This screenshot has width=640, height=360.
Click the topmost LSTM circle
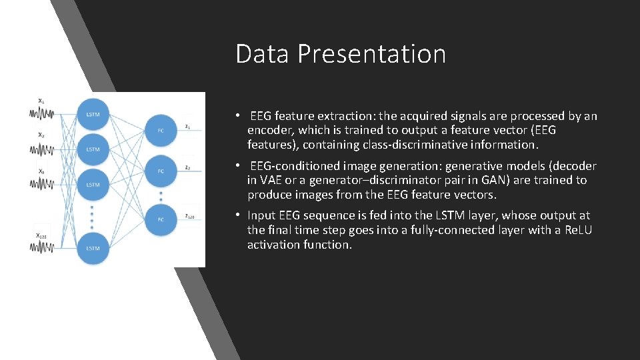[93, 114]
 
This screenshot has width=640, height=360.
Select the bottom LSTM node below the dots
[93, 247]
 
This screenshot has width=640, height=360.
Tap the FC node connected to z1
[160, 131]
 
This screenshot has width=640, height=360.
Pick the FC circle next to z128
[160, 219]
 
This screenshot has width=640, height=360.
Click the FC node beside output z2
[160, 171]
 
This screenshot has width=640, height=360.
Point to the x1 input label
[41, 101]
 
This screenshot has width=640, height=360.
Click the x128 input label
[41, 235]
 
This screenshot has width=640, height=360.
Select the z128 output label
[191, 217]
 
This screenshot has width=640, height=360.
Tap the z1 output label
[189, 126]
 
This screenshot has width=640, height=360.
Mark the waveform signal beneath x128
[41, 248]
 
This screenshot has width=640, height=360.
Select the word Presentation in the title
[371, 54]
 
